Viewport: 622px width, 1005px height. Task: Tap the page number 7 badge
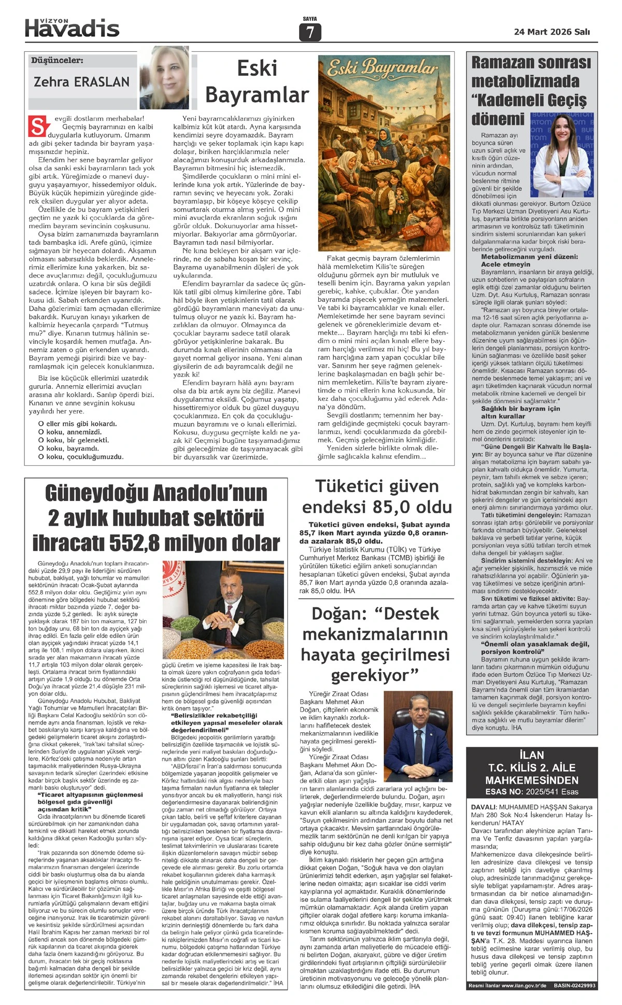pos(310,33)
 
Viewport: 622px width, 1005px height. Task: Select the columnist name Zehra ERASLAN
pos(81,82)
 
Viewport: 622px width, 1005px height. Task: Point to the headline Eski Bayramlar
pos(257,82)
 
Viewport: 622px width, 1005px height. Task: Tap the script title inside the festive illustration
pos(384,67)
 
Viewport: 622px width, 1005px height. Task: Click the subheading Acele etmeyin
pos(506,264)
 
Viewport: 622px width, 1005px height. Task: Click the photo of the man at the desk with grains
pos(223,609)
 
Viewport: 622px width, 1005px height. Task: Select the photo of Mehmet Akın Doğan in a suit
pos(418,735)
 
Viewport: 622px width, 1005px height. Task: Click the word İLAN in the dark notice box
pos(532,755)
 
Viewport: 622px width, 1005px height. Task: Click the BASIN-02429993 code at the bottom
pos(574,985)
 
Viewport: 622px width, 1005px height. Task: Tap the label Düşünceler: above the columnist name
pos(57,61)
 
